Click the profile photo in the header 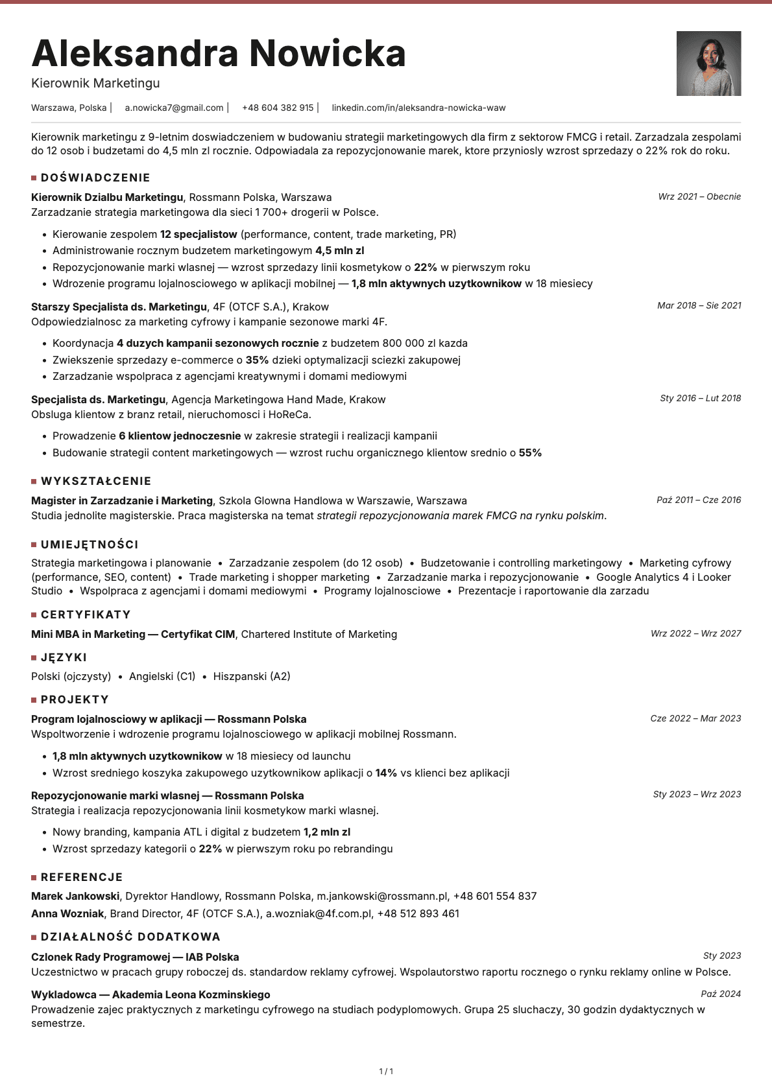pyautogui.click(x=708, y=64)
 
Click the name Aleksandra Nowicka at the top pyautogui.click(x=219, y=53)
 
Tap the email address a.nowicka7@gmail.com pyautogui.click(x=174, y=108)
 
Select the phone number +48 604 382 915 pyautogui.click(x=278, y=108)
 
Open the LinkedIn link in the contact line pyautogui.click(x=418, y=108)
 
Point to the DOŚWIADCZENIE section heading pyautogui.click(x=95, y=178)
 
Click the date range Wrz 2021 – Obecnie pyautogui.click(x=699, y=196)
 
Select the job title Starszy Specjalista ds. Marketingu pyautogui.click(x=119, y=307)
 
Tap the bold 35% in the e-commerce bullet pyautogui.click(x=257, y=360)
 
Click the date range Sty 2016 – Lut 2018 pyautogui.click(x=700, y=398)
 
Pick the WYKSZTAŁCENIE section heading pyautogui.click(x=96, y=481)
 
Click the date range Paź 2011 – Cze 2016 pyautogui.click(x=699, y=500)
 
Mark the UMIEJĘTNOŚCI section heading pyautogui.click(x=90, y=545)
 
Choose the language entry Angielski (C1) pyautogui.click(x=162, y=676)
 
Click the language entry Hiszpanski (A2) pyautogui.click(x=252, y=676)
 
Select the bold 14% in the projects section pyautogui.click(x=386, y=773)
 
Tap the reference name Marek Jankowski pyautogui.click(x=75, y=896)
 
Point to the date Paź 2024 pyautogui.click(x=721, y=994)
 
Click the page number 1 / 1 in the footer pyautogui.click(x=386, y=1071)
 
